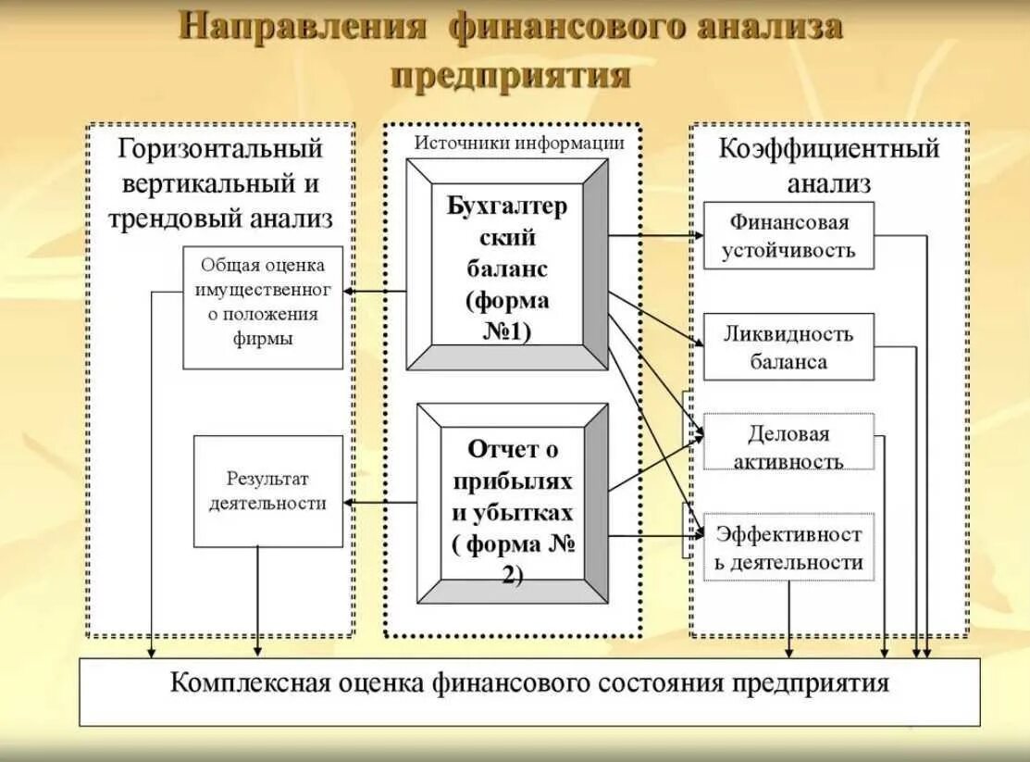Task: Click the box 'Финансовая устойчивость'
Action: pos(788,235)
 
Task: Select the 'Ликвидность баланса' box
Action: pos(788,347)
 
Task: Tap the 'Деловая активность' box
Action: pos(788,446)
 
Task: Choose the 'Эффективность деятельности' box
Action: pos(788,547)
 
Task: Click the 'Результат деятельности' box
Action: pos(267,491)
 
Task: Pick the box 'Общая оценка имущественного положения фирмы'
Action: pos(263,306)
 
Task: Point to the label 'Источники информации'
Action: pos(519,143)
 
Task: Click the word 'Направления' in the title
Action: pos(303,28)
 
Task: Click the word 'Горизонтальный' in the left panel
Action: pos(220,148)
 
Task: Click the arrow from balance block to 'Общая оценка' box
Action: pos(375,291)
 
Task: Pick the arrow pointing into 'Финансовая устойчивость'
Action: pos(655,236)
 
